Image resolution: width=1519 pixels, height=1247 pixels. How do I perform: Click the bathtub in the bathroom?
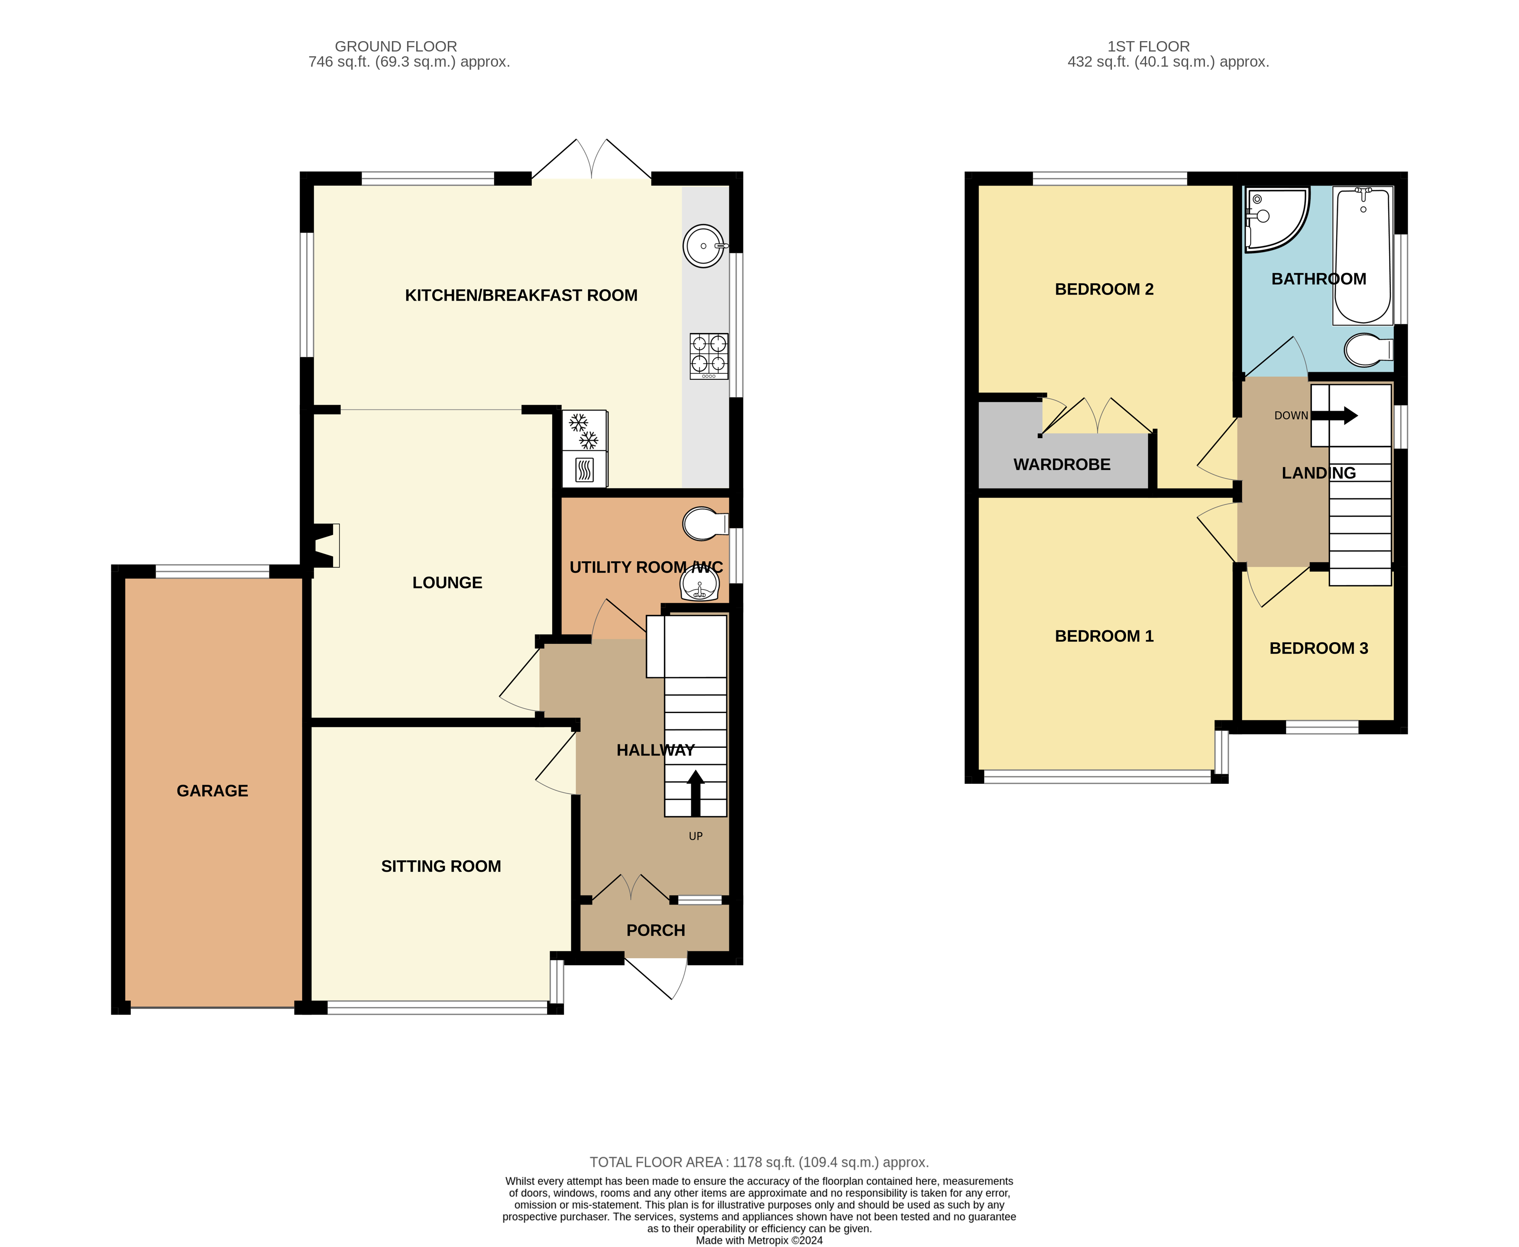point(1362,255)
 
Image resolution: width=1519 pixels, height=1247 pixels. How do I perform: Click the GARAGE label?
point(212,791)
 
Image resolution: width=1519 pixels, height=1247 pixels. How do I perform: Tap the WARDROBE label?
point(1061,465)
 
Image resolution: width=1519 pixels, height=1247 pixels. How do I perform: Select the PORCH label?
point(655,930)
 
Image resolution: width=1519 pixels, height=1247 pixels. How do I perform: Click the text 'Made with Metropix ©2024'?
point(759,1240)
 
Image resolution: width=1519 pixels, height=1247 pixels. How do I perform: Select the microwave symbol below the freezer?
point(585,470)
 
